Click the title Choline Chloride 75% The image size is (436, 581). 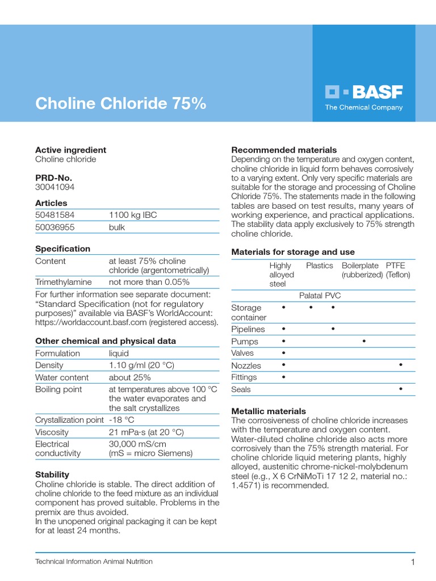click(120, 104)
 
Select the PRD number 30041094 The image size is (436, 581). click(54, 187)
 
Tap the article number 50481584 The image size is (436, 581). click(54, 215)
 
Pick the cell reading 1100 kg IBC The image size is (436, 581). click(133, 215)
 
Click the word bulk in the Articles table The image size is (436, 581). click(117, 227)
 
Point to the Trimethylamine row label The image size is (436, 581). click(64, 282)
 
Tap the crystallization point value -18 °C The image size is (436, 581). click(121, 420)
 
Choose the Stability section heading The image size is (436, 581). click(52, 474)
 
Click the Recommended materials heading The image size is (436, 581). click(284, 150)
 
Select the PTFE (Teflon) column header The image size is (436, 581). click(398, 270)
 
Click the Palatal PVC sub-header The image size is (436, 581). click(320, 296)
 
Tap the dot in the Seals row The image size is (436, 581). click(401, 389)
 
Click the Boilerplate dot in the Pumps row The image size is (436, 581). click(363, 342)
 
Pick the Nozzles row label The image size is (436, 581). click(246, 366)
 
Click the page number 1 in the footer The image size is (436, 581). click(413, 562)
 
